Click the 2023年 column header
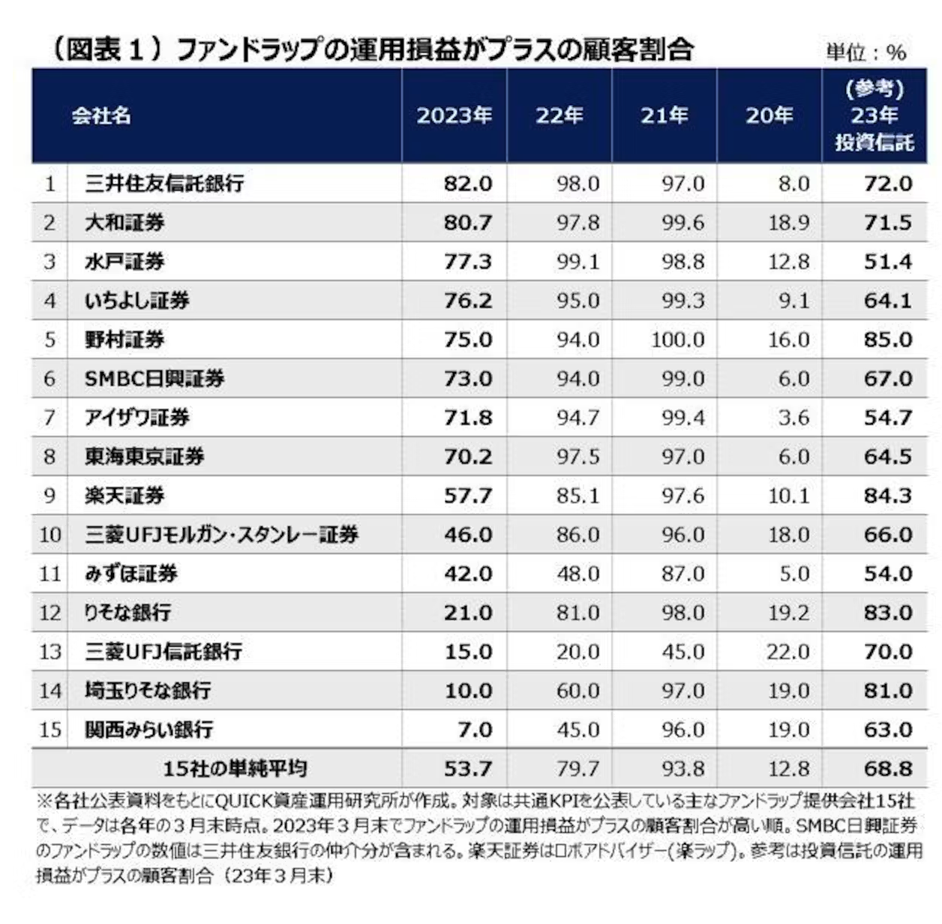pos(454,115)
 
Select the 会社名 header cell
pos(101,115)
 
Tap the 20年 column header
pos(769,115)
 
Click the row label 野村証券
pos(124,340)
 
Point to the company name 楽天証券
pos(124,496)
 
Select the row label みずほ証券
pos(131,574)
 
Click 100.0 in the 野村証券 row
pos(678,340)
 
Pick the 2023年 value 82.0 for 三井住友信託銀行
pos(468,184)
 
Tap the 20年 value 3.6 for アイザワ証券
pos(793,418)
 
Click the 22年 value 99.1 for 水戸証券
pos(577,262)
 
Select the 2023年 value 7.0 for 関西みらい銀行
pos(475,730)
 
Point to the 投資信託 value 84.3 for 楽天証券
pos(888,496)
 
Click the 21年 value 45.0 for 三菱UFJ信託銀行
pos(682,652)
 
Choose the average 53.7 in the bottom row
pos(468,769)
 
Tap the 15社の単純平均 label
pos(235,769)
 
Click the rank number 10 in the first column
pos(49,535)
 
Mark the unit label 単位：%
pos(865,52)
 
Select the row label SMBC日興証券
pos(154,379)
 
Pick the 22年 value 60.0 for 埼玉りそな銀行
pos(577,691)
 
